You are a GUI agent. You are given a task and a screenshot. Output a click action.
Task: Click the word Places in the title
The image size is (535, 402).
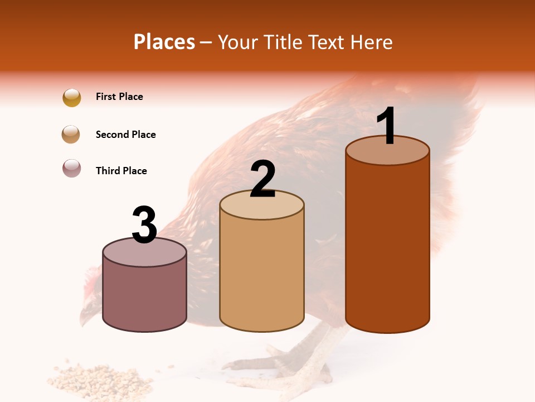point(164,42)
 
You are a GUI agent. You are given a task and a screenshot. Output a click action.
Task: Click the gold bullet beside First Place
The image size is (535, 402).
point(72,98)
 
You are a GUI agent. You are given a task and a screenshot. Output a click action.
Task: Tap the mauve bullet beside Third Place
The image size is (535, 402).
point(72,168)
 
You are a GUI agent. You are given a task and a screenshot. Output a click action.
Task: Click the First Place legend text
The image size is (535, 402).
point(119,97)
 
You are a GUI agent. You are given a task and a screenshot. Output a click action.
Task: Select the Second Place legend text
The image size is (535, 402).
point(125,135)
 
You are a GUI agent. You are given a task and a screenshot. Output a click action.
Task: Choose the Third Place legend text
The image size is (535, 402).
point(121,171)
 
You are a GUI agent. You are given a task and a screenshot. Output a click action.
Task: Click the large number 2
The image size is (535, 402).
point(262,179)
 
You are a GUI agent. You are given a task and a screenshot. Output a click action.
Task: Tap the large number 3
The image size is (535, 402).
point(144,225)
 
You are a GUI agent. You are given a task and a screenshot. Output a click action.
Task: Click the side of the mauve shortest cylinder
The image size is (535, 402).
point(144,299)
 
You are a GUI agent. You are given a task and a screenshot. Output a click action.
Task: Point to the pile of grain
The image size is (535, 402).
point(103,380)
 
